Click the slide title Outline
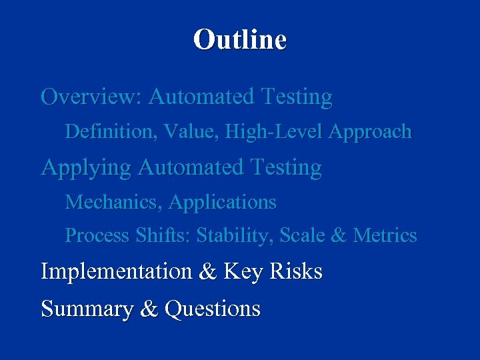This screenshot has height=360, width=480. [240, 39]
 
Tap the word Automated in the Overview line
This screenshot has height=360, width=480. [201, 97]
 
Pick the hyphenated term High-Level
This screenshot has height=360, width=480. [273, 132]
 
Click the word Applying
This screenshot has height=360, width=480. [86, 167]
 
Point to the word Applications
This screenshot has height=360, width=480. [223, 202]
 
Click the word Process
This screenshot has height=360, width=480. [97, 236]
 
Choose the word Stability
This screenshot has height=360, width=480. [235, 236]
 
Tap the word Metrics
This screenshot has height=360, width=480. [385, 236]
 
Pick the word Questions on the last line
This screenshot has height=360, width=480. [213, 309]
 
